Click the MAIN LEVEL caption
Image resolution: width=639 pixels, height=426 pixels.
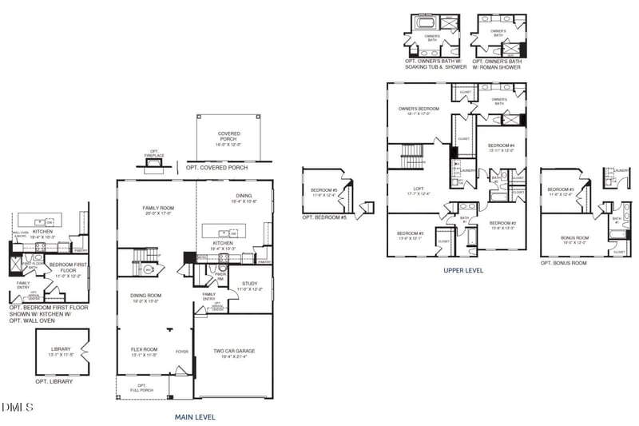click(x=195, y=416)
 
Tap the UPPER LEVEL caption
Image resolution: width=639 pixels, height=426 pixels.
click(x=463, y=270)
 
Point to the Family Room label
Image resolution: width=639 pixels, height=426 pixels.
click(x=157, y=210)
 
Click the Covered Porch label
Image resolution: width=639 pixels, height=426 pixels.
click(x=228, y=137)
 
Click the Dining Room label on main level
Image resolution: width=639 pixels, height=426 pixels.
click(x=145, y=297)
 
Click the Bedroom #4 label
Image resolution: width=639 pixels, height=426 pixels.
click(x=501, y=147)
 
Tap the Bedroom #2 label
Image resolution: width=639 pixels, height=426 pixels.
click(x=502, y=225)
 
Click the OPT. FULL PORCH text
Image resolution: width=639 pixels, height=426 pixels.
click(x=141, y=388)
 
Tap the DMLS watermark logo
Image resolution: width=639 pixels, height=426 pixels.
click(x=18, y=408)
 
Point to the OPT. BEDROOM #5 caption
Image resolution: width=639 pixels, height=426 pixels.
click(x=323, y=217)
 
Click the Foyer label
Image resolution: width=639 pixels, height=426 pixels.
click(x=182, y=350)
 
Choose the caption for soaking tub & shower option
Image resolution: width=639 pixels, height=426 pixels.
click(x=432, y=64)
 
